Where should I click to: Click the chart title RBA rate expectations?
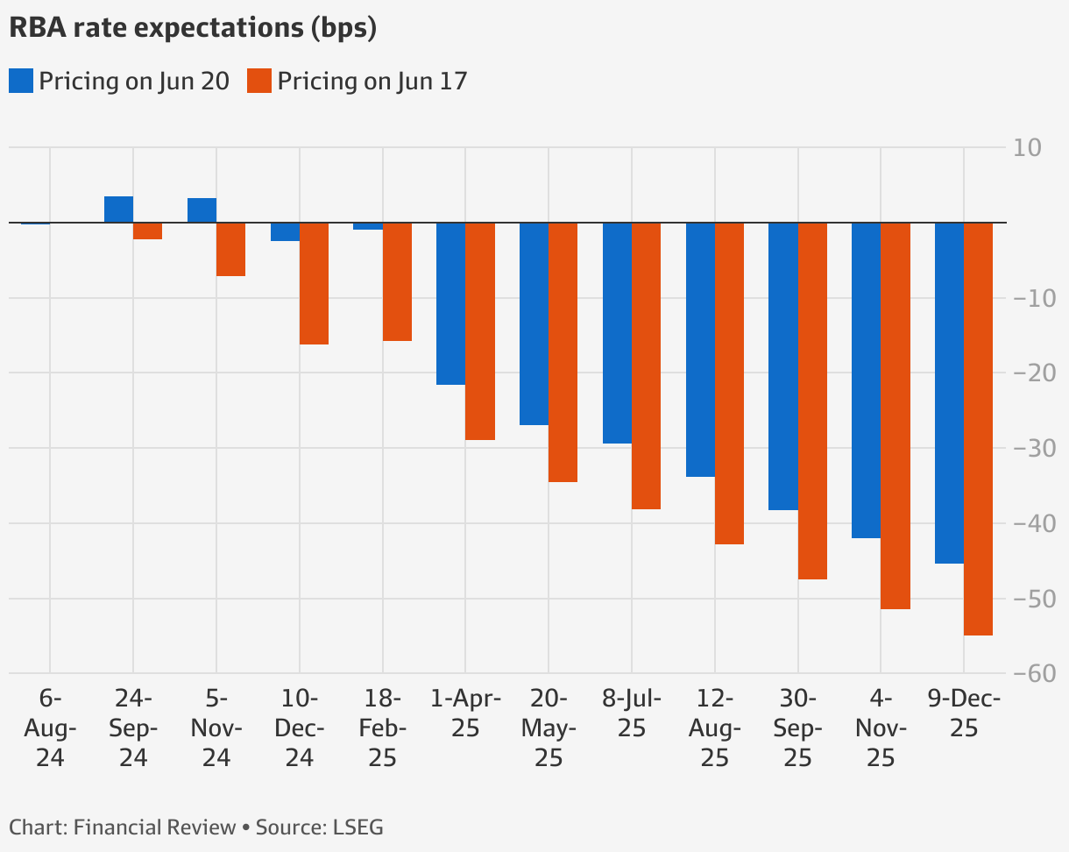(193, 28)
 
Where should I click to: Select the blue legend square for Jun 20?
(21, 82)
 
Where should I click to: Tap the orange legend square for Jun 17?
(259, 82)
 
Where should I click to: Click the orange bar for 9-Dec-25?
(978, 429)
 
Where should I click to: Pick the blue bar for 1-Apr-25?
(450, 303)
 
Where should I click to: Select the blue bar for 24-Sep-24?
(118, 209)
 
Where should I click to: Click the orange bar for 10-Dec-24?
(314, 283)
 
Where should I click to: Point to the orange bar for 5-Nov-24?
(230, 249)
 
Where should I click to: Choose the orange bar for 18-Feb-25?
(397, 281)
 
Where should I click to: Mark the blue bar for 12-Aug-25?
(700, 350)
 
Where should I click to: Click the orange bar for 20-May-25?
(563, 352)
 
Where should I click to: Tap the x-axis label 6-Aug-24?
(50, 728)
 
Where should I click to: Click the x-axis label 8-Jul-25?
(631, 714)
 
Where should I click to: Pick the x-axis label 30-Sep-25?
(797, 728)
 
